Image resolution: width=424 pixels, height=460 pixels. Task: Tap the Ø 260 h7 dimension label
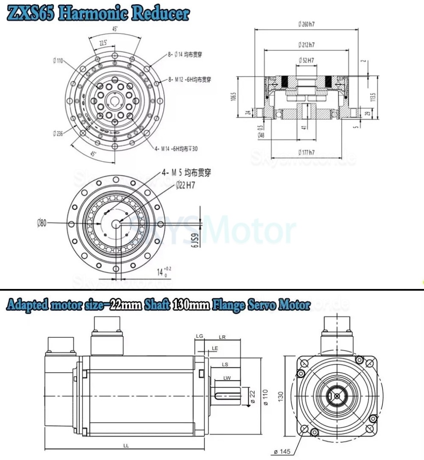(306, 24)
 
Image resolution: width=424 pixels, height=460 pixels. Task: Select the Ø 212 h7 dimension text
(306, 45)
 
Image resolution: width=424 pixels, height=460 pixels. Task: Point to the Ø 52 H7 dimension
(306, 60)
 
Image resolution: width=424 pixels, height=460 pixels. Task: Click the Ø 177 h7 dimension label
(306, 152)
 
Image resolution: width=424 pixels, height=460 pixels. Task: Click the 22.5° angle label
(103, 43)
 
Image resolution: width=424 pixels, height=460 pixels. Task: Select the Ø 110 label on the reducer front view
(58, 61)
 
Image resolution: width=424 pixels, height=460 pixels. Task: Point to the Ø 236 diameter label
(58, 133)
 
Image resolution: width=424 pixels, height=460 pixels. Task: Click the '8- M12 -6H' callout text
(190, 79)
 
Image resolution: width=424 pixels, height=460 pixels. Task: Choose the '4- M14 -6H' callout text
(176, 148)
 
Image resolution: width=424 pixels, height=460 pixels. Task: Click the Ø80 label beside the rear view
(42, 222)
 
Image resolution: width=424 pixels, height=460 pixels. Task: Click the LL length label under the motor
(126, 446)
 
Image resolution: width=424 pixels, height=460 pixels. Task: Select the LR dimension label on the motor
(223, 337)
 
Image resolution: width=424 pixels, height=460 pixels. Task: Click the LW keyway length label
(227, 378)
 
